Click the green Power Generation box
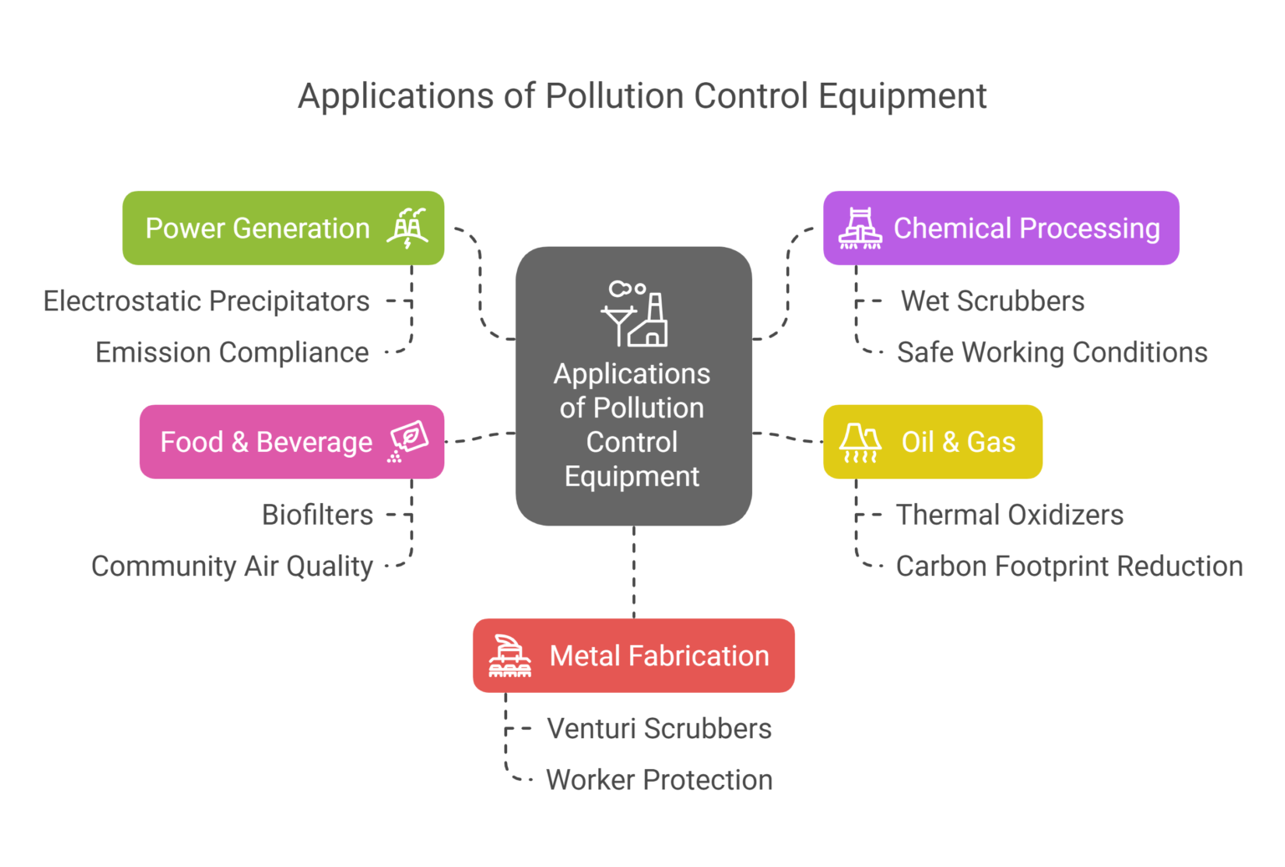click(283, 228)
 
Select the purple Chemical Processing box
click(1001, 228)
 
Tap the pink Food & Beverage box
click(291, 442)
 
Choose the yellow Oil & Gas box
click(932, 442)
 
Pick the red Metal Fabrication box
click(633, 655)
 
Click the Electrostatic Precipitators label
click(207, 301)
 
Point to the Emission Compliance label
click(232, 352)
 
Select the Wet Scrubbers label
click(992, 301)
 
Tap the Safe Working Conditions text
click(1052, 352)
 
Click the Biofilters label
click(317, 515)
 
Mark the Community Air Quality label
click(232, 567)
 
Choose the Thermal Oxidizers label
click(1009, 515)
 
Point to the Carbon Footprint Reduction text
click(1068, 567)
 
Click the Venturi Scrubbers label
click(659, 729)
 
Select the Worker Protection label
click(659, 780)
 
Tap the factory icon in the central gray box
click(634, 314)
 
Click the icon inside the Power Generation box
click(407, 228)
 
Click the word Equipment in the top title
click(902, 96)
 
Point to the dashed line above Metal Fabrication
click(634, 572)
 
